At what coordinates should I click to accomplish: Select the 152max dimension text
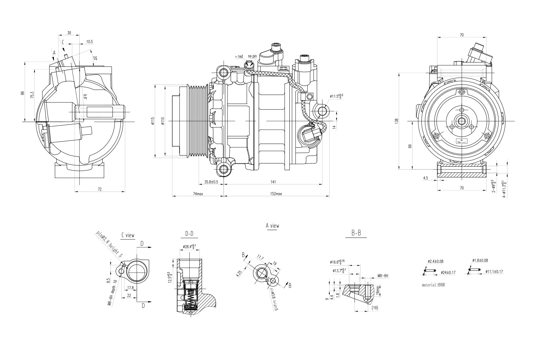[276, 194]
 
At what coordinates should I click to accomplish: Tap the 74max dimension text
[198, 194]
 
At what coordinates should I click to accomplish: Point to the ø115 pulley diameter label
[153, 121]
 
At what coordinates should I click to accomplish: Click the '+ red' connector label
[239, 57]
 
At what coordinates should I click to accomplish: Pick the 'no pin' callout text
[252, 56]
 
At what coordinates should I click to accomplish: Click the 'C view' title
[128, 235]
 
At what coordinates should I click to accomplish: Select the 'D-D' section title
[189, 234]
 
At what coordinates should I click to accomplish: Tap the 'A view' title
[272, 226]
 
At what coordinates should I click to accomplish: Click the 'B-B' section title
[356, 233]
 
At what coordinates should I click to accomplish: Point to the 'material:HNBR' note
[436, 284]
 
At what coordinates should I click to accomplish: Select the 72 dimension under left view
[100, 189]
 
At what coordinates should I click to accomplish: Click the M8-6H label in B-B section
[383, 276]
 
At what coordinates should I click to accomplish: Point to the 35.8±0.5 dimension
[211, 182]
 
